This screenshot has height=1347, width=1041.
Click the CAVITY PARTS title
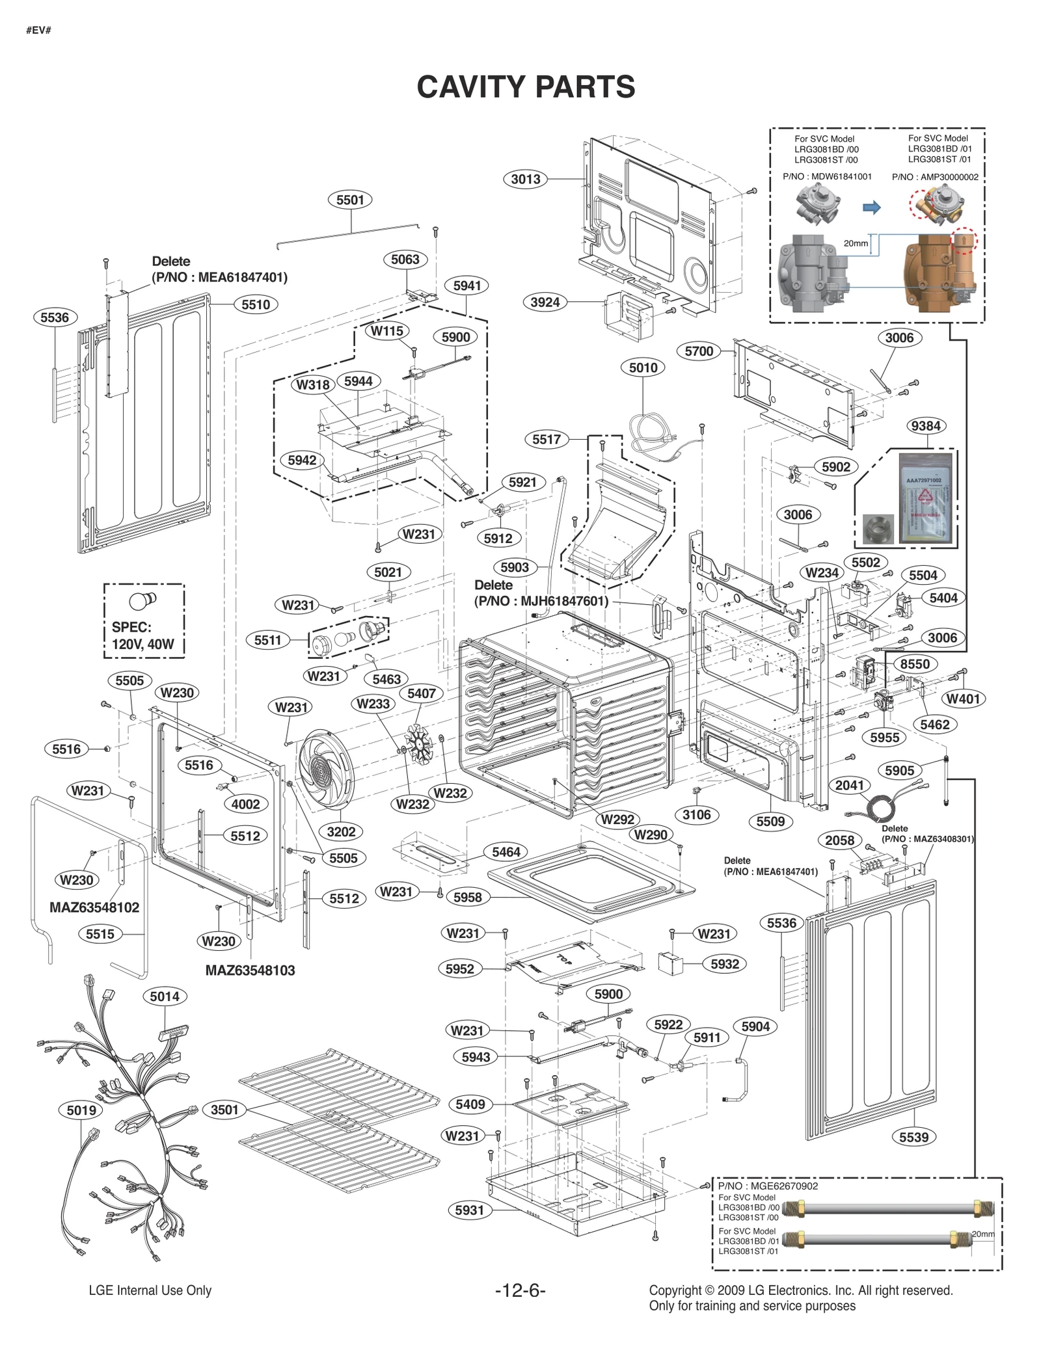(526, 87)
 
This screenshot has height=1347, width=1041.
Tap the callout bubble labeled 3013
(525, 179)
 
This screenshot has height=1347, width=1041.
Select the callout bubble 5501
(350, 200)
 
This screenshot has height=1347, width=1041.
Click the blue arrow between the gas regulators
(871, 207)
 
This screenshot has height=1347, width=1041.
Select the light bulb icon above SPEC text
(142, 600)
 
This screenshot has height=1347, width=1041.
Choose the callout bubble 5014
(165, 996)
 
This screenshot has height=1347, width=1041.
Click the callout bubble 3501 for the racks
(224, 1110)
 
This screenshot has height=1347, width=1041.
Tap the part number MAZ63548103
(250, 970)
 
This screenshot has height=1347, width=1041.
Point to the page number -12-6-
(520, 1290)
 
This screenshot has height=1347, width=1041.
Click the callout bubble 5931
(469, 1210)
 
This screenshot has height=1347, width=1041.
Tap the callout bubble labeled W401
(963, 699)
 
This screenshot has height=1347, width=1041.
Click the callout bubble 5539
(913, 1137)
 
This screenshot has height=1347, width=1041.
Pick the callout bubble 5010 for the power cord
(643, 367)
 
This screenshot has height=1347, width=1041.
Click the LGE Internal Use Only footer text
(150, 1290)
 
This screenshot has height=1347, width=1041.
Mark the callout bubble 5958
(468, 897)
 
